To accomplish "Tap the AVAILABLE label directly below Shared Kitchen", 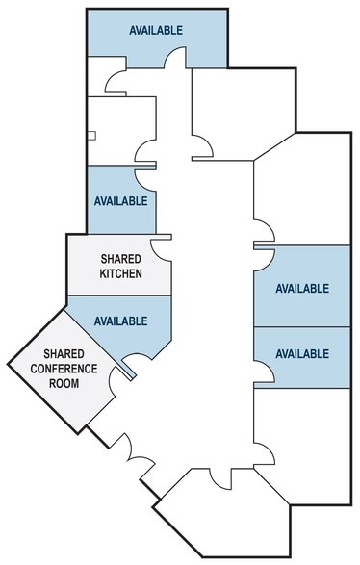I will pos(121,321).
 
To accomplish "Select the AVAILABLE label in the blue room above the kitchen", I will pos(121,201).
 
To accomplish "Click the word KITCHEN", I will pos(121,274).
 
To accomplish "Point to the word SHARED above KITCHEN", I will pos(121,259).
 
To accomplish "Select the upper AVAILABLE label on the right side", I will pos(302,288).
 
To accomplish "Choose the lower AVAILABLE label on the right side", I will pos(302,354).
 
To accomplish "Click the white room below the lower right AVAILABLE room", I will pos(300,433).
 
